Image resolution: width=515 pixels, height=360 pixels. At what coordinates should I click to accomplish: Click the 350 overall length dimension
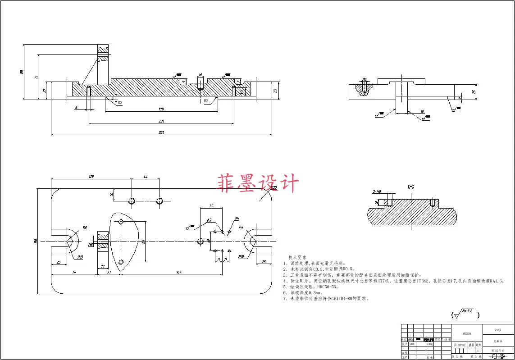click(x=161, y=132)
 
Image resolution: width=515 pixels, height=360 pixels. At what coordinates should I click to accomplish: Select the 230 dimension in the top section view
click(x=161, y=121)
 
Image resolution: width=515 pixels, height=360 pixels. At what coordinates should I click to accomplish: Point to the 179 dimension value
click(x=161, y=109)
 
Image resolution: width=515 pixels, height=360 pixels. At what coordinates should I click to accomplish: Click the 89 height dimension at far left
click(x=22, y=72)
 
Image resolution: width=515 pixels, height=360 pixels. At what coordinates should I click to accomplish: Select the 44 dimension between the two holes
click(x=145, y=177)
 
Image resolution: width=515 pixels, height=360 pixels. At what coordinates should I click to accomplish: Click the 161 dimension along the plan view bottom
click(x=179, y=272)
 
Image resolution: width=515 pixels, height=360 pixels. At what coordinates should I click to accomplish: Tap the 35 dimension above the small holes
click(x=211, y=206)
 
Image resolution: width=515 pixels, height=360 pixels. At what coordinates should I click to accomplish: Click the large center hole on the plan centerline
click(x=201, y=242)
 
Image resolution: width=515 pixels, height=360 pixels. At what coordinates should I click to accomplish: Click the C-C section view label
click(x=410, y=186)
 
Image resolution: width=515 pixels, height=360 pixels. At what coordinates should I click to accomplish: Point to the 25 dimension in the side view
click(x=474, y=92)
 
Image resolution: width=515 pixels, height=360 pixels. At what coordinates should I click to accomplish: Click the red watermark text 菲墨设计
click(x=258, y=184)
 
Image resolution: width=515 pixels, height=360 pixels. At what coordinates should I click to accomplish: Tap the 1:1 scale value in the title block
click(x=479, y=350)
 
